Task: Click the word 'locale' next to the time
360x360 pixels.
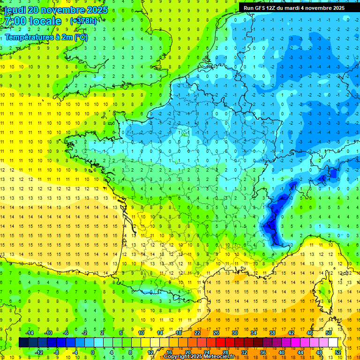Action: pos(45,21)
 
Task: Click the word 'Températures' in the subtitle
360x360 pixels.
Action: pos(28,37)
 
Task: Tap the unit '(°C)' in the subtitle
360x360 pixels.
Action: pos(80,37)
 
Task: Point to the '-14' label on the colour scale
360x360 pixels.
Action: pos(29,333)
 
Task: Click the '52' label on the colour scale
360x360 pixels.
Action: pos(338,352)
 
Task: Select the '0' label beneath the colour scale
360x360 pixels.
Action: pos(93,352)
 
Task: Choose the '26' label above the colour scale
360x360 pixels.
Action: pos(217,333)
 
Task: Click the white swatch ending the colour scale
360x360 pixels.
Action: pos(333,343)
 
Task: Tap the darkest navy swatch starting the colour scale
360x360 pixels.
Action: pos(23,343)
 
